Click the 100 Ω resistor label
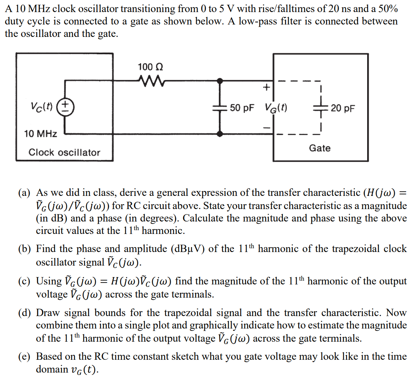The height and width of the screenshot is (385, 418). coord(150,67)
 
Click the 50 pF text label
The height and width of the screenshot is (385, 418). coord(242,108)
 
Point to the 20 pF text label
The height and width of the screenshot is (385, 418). coord(343,108)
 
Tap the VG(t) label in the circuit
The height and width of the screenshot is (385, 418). coord(276,108)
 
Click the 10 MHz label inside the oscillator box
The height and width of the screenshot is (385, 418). coord(41,133)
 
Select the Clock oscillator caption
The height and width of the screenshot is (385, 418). coord(64,153)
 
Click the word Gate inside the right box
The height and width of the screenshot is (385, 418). coord(320,148)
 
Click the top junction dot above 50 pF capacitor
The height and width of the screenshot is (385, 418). coord(220,80)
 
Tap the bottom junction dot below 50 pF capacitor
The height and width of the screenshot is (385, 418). coord(220,133)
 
